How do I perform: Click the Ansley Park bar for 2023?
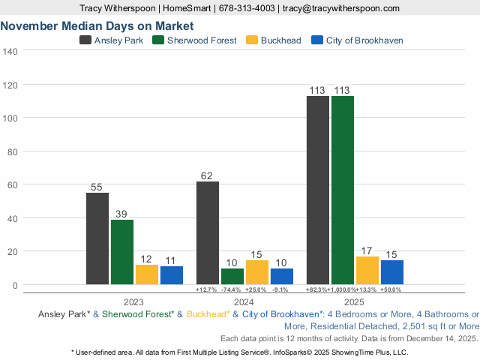[x=97, y=238]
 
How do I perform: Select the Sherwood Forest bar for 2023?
[x=122, y=252]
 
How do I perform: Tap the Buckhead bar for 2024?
[x=256, y=272]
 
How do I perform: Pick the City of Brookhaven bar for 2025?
[x=391, y=272]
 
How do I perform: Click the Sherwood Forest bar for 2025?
[x=343, y=190]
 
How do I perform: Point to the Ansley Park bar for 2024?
[x=208, y=232]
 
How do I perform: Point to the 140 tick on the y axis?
[x=10, y=51]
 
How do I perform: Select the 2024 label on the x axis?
[x=244, y=302]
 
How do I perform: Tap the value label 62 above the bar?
[x=208, y=176]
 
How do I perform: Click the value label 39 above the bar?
[x=122, y=214]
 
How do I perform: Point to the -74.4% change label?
[x=232, y=289]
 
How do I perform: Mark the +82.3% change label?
[x=317, y=289]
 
